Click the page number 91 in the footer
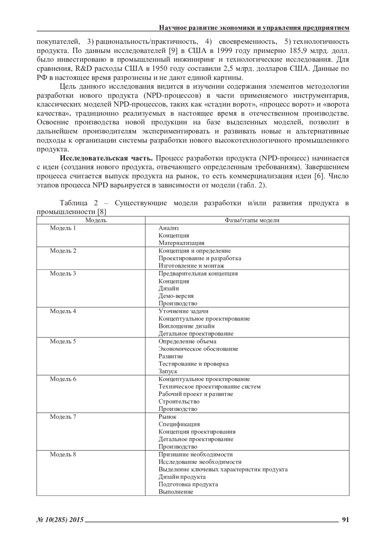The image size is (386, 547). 345,520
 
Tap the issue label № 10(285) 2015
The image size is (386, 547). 60,520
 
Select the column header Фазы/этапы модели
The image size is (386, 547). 247,220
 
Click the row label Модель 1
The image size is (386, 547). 63,228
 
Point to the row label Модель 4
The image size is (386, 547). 63,311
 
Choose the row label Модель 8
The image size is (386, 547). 63,455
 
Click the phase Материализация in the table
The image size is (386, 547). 181,243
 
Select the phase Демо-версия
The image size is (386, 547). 176,296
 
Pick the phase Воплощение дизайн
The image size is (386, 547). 187,326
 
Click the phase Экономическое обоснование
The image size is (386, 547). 198,349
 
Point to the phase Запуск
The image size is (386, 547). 168,371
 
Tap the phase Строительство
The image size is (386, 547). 179,402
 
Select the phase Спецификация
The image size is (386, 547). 179,424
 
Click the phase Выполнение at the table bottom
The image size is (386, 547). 176,492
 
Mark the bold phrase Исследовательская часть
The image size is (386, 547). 106,158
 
